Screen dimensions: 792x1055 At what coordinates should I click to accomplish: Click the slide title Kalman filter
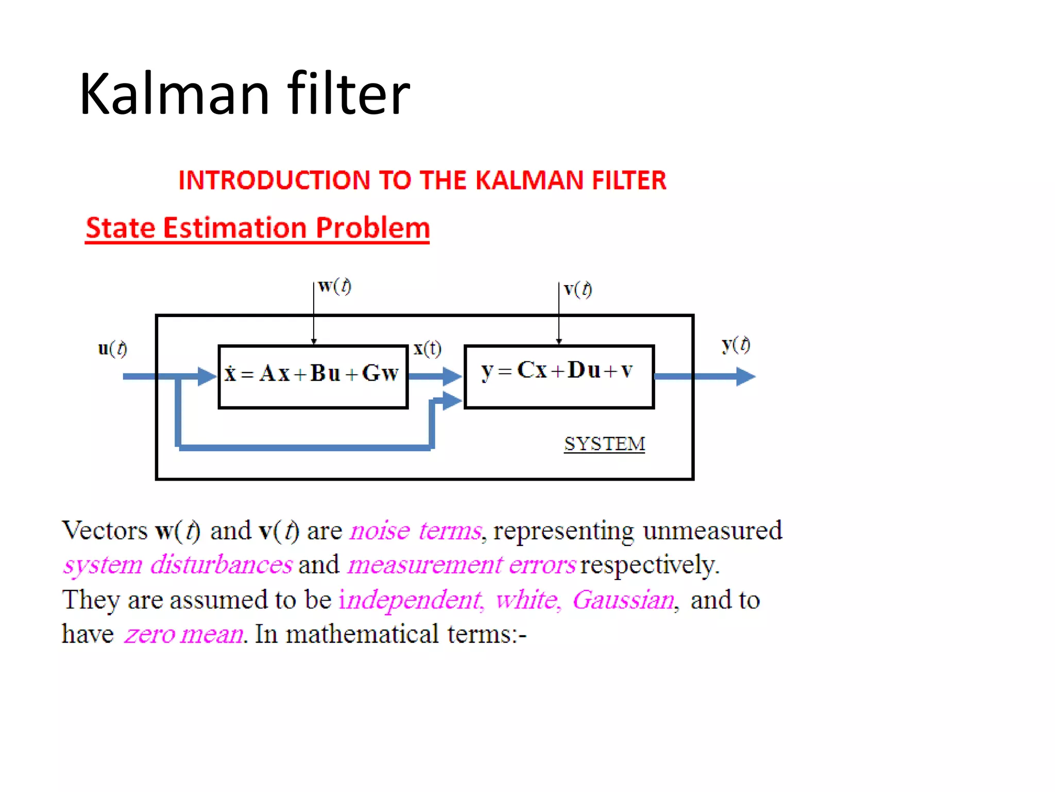[244, 94]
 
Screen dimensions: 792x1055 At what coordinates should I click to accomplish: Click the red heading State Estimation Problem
[258, 228]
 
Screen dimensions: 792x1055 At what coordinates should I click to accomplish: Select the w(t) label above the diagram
[334, 286]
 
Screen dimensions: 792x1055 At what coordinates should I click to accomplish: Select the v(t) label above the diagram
[577, 289]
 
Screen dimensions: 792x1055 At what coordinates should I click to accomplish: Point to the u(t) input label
[112, 349]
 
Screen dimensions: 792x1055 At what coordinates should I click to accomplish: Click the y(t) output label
[736, 344]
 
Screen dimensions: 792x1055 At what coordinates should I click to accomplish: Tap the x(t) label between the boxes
[428, 349]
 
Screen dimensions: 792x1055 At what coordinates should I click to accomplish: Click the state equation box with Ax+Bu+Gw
[313, 376]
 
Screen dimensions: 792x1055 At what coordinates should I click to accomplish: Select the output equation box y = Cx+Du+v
[559, 376]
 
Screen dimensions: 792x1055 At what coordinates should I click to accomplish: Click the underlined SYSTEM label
[604, 444]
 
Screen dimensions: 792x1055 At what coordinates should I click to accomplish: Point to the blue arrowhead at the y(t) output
[745, 376]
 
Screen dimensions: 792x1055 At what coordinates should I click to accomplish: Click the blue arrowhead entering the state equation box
[207, 376]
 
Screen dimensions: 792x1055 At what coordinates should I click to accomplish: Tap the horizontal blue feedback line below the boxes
[304, 447]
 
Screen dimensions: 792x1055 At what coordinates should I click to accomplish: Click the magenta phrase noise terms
[416, 531]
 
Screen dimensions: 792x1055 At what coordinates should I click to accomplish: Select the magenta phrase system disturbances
[178, 565]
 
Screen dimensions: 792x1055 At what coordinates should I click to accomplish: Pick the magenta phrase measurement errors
[462, 565]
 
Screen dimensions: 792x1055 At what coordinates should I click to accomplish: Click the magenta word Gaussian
[623, 600]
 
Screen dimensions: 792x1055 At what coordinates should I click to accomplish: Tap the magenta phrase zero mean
[183, 634]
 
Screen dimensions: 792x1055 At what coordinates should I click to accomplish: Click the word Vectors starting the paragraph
[105, 531]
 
